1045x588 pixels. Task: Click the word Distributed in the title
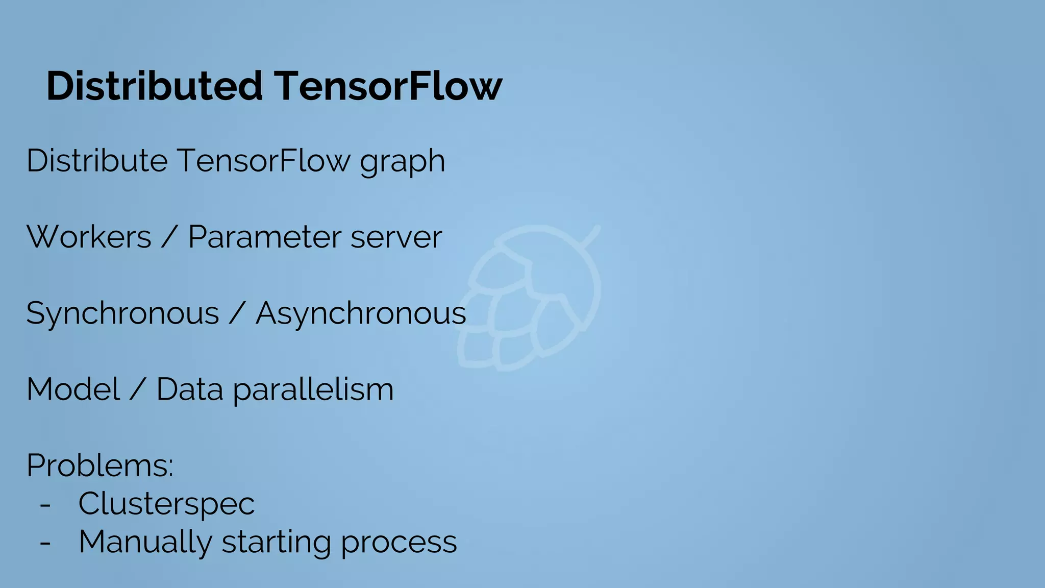[x=155, y=86]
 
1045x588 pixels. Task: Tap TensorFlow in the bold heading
[x=388, y=86]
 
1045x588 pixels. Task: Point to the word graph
[x=403, y=162]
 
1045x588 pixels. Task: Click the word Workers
[x=89, y=237]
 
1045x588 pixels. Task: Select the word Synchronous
[x=122, y=313]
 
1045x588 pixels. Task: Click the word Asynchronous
[x=361, y=313]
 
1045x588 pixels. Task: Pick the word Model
[x=73, y=389]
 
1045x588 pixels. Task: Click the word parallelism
[x=313, y=390]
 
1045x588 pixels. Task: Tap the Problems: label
[x=100, y=465]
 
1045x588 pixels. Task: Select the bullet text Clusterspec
[x=166, y=504]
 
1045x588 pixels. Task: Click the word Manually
[x=145, y=542]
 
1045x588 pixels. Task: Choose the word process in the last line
[x=399, y=543]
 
